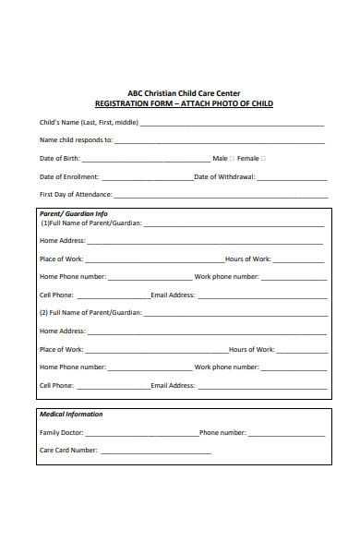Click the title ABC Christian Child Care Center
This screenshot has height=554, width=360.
(x=185, y=93)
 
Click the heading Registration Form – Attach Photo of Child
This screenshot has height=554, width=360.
(x=185, y=103)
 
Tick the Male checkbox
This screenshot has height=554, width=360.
(x=232, y=158)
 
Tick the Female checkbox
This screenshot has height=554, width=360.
(x=263, y=158)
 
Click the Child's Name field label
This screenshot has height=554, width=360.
(x=89, y=123)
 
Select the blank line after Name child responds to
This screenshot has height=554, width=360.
(x=220, y=141)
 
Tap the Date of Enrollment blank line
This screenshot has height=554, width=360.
(x=147, y=176)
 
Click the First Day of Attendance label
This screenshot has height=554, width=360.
(x=76, y=195)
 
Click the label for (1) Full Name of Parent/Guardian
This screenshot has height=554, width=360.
(x=90, y=223)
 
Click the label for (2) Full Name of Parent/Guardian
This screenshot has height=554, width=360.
(x=90, y=313)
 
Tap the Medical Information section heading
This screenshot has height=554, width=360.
(x=71, y=415)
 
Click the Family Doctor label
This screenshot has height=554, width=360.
(x=62, y=432)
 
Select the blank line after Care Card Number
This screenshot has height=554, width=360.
(x=155, y=451)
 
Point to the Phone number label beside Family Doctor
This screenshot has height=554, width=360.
(x=222, y=432)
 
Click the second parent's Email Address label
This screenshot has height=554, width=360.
(x=173, y=385)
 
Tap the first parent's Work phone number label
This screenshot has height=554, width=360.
(x=226, y=277)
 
